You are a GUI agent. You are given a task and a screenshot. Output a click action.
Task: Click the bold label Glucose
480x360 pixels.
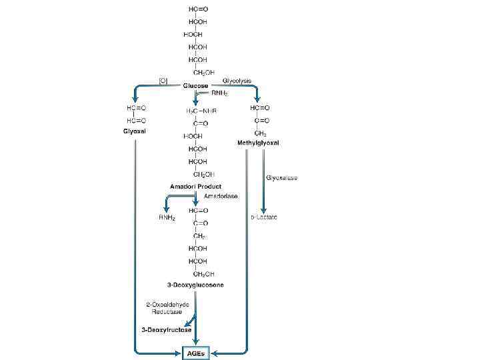pos(195,86)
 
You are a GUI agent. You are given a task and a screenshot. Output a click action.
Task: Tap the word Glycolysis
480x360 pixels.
pos(237,80)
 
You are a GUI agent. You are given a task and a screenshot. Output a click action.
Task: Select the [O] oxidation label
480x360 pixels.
pos(163,80)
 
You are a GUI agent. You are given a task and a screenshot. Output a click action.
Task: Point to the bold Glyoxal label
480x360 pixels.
pos(135,131)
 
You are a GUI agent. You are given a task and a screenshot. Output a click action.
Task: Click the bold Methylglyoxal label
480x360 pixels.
pos(258,143)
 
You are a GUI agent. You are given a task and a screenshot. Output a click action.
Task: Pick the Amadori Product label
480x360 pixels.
pos(195,186)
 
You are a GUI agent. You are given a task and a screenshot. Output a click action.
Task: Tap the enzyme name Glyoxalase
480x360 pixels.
pos(282,178)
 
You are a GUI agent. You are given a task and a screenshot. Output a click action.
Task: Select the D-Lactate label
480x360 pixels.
pos(264,217)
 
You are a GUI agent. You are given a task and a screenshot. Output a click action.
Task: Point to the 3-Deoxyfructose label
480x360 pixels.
pos(166,329)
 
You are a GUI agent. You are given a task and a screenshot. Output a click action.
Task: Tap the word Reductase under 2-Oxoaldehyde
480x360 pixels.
pos(160,312)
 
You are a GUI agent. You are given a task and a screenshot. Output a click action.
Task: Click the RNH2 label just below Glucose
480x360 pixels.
pos(221,94)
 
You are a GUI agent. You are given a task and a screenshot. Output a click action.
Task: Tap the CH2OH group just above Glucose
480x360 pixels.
pos(199,72)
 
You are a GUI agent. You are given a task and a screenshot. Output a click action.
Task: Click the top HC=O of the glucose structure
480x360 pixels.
pos(197,9)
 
